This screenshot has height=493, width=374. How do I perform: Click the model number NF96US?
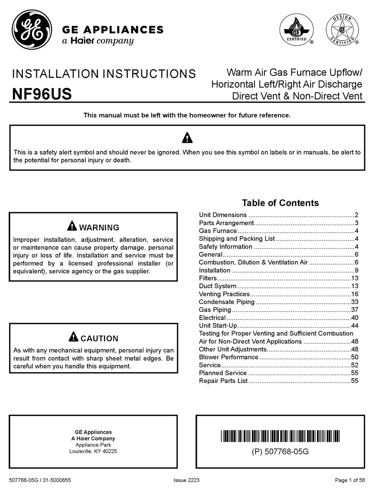[42, 94]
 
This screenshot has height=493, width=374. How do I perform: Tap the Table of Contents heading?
[280, 203]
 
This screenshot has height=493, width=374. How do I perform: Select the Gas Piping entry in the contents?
[215, 310]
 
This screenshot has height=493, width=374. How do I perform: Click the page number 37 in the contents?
[354, 310]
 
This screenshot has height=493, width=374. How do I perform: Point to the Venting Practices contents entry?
[224, 294]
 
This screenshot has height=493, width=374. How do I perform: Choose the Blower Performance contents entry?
[229, 357]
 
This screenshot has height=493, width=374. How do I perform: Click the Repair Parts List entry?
[223, 381]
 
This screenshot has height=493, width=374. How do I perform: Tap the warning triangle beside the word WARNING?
[72, 226]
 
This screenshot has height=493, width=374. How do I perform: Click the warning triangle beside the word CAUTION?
[73, 337]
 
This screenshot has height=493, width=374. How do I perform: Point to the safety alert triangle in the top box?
[187, 138]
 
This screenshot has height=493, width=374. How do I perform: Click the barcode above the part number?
[280, 436]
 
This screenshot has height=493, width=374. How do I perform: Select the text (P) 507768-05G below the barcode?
[280, 452]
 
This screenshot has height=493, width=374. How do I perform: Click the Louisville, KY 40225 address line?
[93, 451]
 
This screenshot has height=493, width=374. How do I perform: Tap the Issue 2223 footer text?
[187, 480]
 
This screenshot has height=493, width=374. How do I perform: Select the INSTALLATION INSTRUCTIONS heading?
[104, 74]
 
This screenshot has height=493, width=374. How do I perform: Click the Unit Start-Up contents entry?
[218, 326]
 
